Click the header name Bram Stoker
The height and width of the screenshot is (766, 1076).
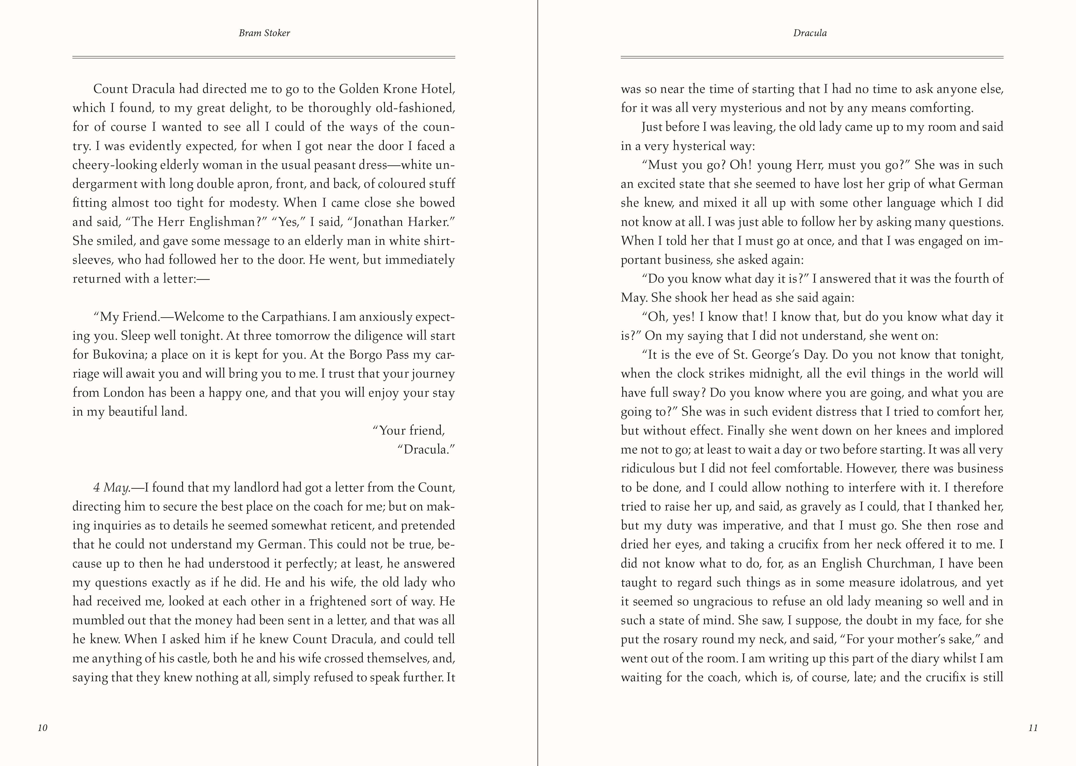coord(264,33)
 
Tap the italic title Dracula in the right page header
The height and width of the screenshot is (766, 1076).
coord(809,33)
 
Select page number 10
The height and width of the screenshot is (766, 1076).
coord(42,727)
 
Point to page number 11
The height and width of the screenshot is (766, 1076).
coord(1033,727)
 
